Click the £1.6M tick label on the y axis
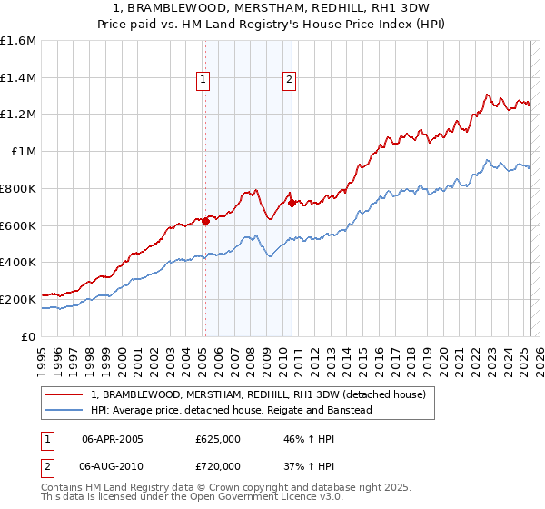[18, 41]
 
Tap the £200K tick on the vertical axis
[18, 299]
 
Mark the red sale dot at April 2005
[206, 220]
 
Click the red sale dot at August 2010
[292, 203]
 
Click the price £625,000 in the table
[218, 439]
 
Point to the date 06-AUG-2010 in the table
[113, 465]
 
